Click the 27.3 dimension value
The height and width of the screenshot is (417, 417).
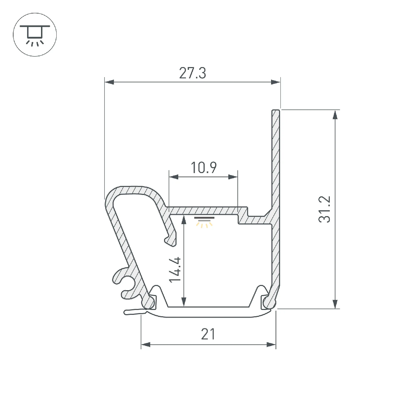point(193,73)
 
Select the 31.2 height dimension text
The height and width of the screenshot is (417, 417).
point(324,209)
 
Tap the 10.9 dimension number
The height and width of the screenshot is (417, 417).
point(203,167)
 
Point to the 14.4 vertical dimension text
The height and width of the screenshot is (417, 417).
point(175,270)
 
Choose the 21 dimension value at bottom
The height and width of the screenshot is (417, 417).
point(208,334)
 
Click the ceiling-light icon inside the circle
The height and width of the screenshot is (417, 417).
point(35,35)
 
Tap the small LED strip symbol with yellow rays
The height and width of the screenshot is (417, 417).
point(204,222)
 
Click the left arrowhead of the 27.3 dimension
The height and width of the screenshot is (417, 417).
point(109,82)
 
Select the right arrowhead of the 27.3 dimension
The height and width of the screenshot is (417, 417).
point(276,82)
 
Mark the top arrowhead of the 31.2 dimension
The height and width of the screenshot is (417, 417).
point(335,115)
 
